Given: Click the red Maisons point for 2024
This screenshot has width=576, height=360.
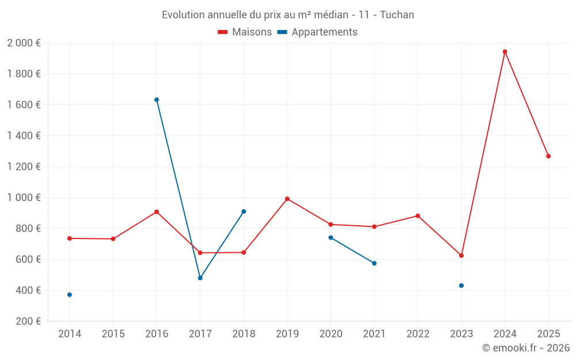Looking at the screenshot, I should [505, 52].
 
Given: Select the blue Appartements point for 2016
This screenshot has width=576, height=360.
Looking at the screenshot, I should [157, 100].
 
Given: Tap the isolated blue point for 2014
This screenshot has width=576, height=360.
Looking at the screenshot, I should [70, 294].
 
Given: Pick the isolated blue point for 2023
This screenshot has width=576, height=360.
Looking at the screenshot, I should [461, 286].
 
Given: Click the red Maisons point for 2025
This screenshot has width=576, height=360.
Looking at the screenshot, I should [548, 156].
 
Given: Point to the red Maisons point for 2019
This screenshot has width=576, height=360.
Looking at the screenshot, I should [287, 199].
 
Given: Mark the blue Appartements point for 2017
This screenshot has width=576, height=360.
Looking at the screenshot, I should [200, 278].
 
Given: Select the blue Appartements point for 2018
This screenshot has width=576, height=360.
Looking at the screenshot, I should [244, 211].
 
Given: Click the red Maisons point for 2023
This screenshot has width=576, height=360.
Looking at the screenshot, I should [461, 255].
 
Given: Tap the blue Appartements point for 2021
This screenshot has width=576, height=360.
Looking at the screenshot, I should [374, 263].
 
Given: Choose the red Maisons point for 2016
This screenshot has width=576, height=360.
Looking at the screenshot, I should [157, 212].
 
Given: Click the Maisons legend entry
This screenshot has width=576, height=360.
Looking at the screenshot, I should [245, 32].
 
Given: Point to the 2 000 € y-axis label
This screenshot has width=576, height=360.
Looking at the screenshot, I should [24, 43].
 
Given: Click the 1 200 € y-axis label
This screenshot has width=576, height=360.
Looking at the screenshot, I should [24, 166].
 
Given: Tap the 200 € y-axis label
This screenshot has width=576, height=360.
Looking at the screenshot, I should [27, 321].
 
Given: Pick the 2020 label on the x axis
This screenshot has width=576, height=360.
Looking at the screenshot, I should [331, 334].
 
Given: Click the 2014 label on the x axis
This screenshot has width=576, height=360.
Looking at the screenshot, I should [70, 334].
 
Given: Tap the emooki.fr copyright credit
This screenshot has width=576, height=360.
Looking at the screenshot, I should [526, 348].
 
